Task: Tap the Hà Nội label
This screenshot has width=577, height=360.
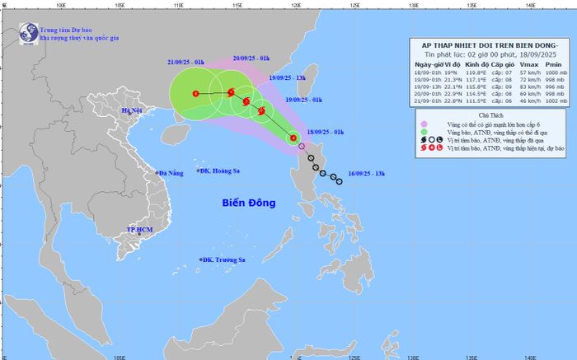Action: [132, 110]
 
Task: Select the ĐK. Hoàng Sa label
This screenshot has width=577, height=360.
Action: [224, 171]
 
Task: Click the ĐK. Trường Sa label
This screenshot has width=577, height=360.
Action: [225, 259]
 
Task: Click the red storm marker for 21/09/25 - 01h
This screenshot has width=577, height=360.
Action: [195, 93]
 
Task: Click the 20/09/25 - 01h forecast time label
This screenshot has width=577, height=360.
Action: [252, 59]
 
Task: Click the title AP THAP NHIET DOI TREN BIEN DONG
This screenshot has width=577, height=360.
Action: [491, 46]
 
